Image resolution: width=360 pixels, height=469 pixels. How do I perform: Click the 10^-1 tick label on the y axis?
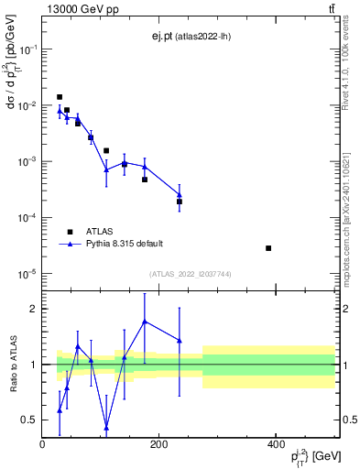pyautogui.click(x=27, y=50)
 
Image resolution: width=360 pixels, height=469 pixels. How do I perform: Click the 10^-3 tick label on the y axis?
pyautogui.click(x=27, y=162)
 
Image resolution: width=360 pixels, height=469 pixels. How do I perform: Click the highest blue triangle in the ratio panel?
pyautogui.click(x=145, y=322)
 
